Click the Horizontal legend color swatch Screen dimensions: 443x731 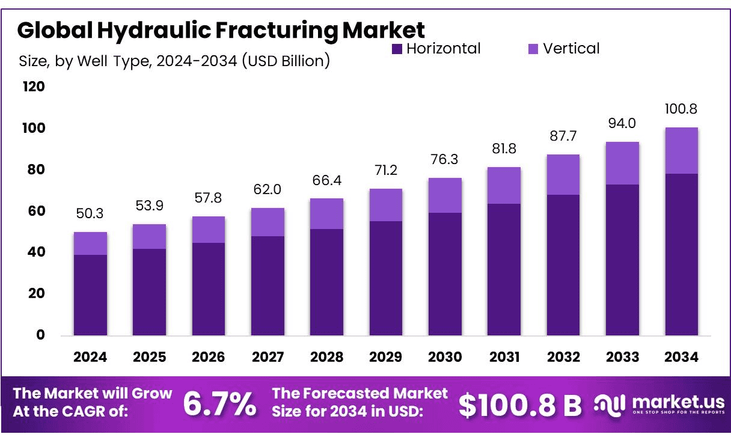397,49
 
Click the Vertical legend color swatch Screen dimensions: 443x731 533,49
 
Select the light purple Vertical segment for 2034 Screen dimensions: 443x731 681,150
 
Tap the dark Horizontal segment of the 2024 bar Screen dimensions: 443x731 90,295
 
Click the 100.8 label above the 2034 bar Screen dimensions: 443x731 681,109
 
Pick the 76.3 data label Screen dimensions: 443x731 445,160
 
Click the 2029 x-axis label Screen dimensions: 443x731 385,357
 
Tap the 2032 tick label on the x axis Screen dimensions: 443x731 563,357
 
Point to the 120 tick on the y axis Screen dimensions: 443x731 34,87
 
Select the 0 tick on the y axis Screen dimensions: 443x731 40,335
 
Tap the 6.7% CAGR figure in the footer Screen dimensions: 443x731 219,404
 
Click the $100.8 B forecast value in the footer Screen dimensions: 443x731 520,405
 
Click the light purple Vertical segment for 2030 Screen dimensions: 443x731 445,195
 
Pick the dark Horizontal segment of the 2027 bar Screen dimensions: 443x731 268,286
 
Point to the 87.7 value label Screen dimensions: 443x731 563,136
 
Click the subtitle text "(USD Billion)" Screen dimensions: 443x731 286,61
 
